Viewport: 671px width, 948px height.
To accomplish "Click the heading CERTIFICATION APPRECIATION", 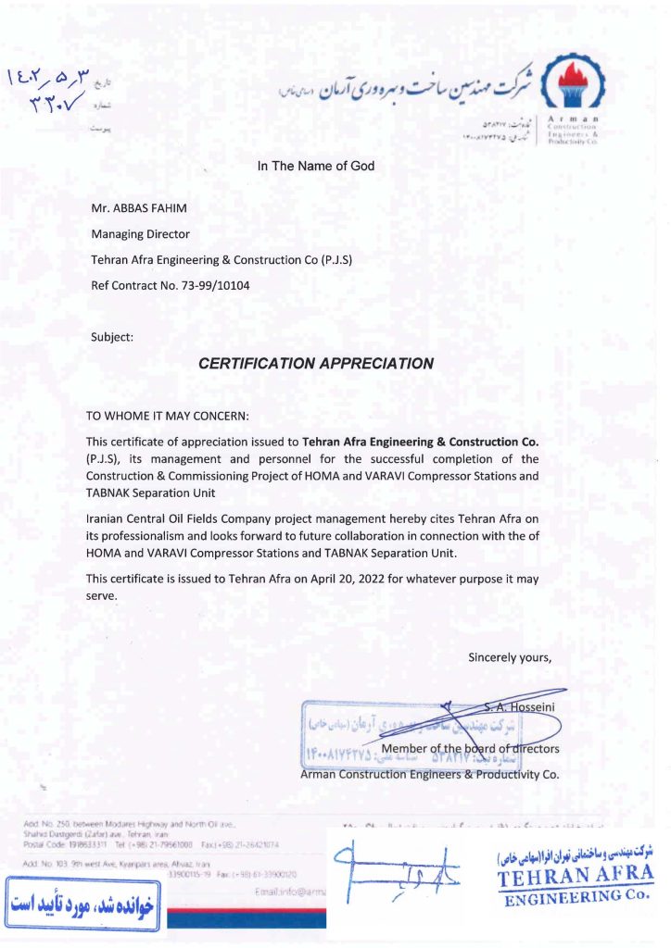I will (316, 364).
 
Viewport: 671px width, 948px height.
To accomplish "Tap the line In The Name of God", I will (316, 167).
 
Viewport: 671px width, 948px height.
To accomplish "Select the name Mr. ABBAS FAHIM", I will (136, 210).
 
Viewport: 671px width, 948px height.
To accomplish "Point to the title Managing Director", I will (141, 235).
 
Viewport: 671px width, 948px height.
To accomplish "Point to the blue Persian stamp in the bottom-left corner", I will (82, 904).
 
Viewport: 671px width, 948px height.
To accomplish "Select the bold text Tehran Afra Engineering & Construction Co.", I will (420, 442).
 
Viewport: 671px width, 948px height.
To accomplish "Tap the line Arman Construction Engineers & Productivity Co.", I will (430, 775).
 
